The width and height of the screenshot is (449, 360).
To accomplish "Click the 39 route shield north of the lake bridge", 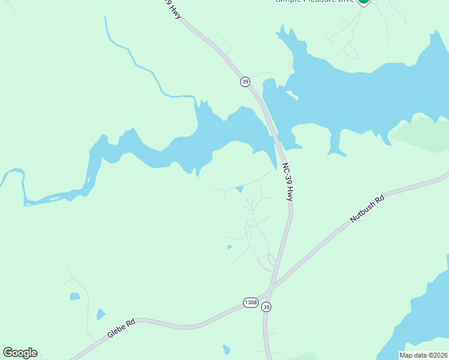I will point(245,82).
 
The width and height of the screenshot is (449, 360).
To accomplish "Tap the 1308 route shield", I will point(251,302).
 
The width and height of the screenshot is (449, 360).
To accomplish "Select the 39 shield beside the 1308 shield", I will point(267,307).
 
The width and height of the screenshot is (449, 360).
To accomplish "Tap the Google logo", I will point(20,353).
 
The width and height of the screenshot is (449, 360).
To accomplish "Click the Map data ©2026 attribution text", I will point(423,355).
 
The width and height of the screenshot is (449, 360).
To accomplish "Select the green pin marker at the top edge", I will point(363,2).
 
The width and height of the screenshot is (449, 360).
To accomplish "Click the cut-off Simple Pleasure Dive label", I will point(315,2).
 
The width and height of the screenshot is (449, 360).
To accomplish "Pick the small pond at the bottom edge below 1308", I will point(226,349).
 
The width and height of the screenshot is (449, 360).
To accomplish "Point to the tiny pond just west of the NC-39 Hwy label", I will point(240,190).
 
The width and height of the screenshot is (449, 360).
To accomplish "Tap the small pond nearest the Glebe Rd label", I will point(100,314).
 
